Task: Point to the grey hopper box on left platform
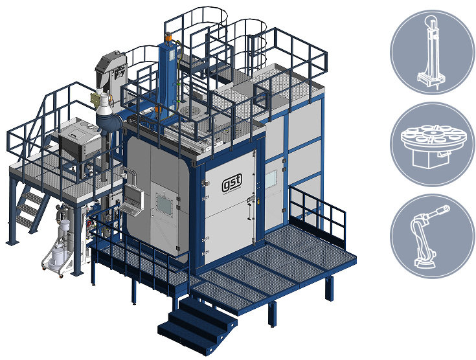point(76,139)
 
